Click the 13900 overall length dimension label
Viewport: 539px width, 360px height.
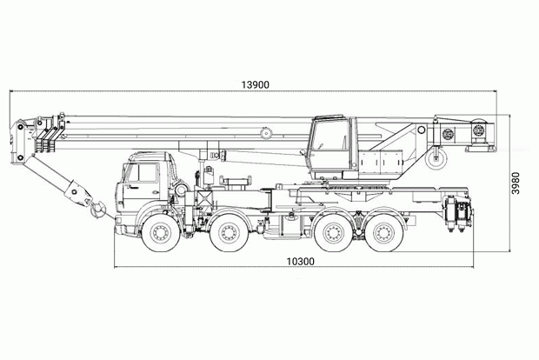(255, 84)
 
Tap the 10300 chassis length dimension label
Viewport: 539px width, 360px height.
(301, 262)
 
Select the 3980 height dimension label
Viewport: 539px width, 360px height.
(516, 183)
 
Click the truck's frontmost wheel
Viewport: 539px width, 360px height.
(161, 233)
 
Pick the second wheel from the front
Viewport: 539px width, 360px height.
(229, 233)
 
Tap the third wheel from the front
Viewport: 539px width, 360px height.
(333, 233)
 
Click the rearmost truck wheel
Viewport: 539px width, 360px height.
(384, 233)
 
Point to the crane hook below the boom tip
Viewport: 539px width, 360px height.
(97, 210)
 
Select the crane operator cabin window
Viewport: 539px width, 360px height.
(330, 136)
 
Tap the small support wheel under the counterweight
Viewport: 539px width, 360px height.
(436, 159)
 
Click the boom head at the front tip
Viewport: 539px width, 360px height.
(22, 142)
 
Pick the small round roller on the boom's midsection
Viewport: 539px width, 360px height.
(266, 133)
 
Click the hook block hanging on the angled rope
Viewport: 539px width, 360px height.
(79, 193)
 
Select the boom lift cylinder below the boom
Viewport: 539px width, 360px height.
(263, 157)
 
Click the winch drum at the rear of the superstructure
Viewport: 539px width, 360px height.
(478, 131)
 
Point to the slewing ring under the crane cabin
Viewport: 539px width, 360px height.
(357, 188)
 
